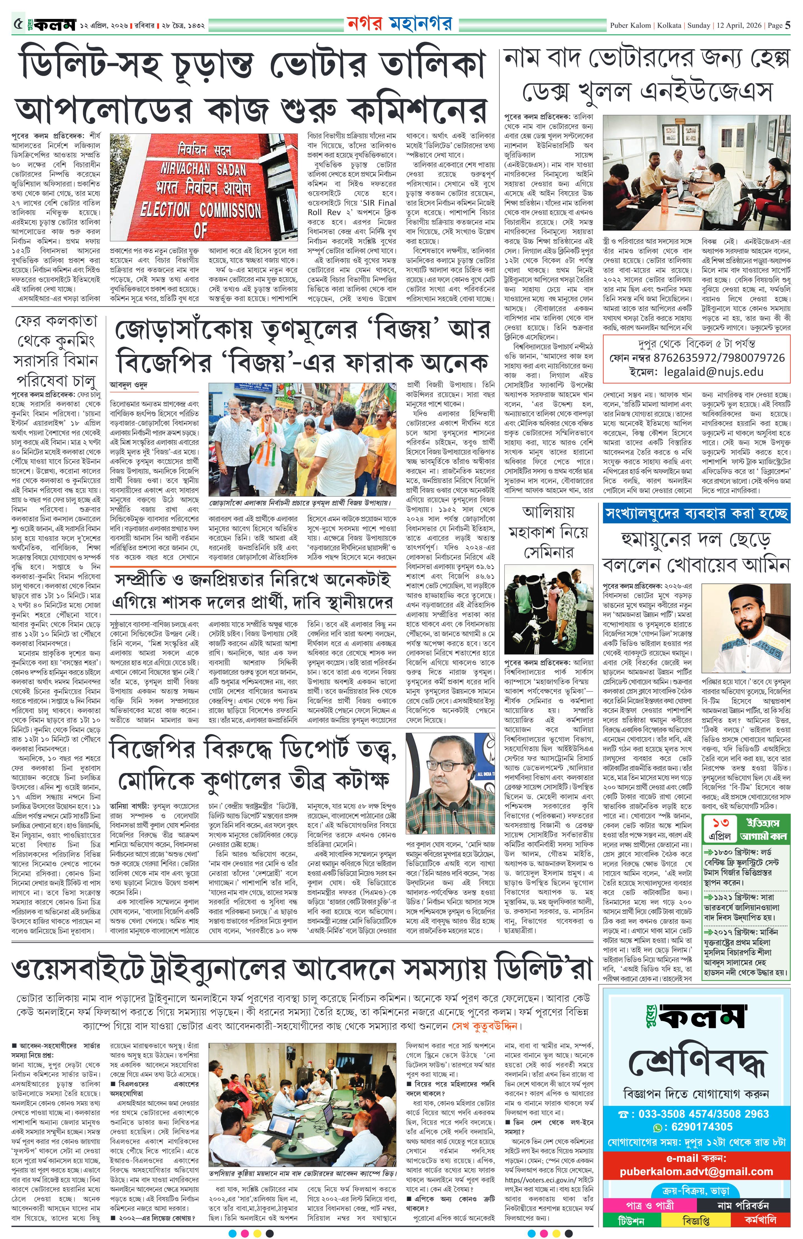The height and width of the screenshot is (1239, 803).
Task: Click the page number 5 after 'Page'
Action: coord(788,24)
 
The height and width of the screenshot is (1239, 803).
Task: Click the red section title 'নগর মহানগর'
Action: coord(399,23)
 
